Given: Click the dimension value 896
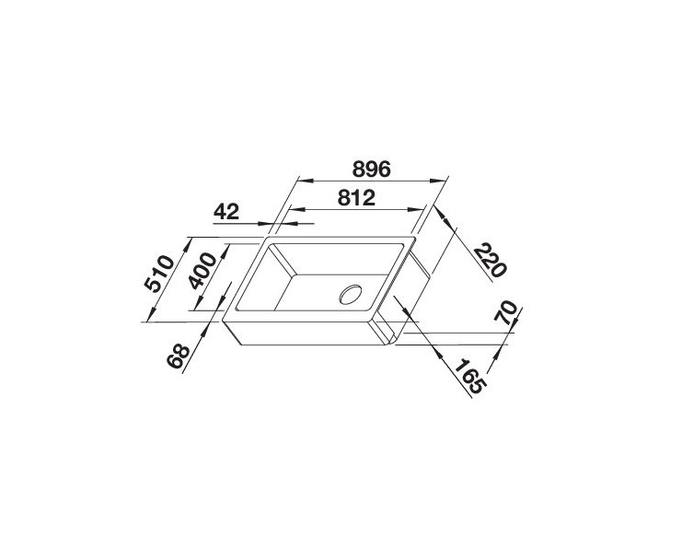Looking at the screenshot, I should click(372, 169).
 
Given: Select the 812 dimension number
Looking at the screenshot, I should click(354, 196).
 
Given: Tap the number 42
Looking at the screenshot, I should click(225, 211).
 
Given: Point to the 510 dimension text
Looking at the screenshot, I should click(159, 275).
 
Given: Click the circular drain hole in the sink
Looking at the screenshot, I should click(352, 295).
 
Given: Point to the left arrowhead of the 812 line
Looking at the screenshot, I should click(285, 209).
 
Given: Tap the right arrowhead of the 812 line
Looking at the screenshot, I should click(425, 209).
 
